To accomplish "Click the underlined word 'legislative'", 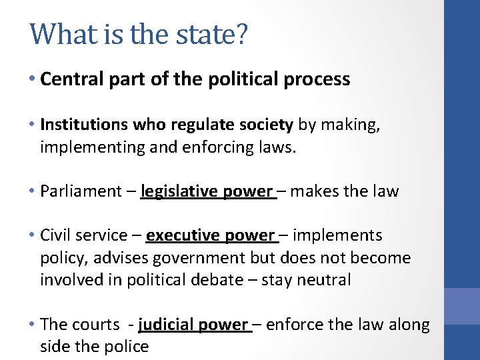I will click(x=178, y=191).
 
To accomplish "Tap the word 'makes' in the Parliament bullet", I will click(x=315, y=191).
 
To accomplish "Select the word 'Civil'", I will click(x=55, y=235).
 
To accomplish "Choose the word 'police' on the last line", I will click(x=125, y=347).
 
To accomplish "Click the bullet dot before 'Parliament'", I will click(x=33, y=191).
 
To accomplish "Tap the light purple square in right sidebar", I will click(x=462, y=306).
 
